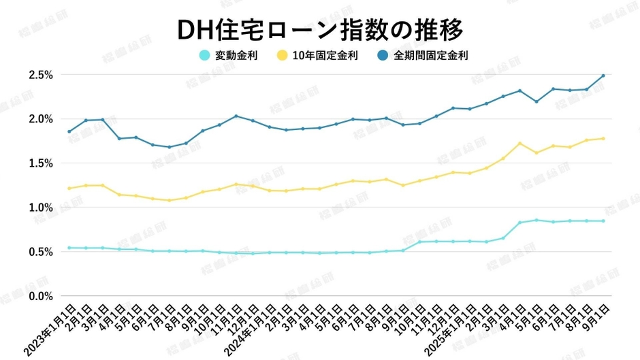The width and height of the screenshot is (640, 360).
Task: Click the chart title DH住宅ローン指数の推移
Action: click(x=320, y=29)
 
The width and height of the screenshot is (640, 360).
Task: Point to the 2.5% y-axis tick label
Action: click(x=41, y=75)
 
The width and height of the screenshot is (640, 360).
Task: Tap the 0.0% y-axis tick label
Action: click(x=41, y=296)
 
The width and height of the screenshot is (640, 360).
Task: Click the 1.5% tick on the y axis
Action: click(x=41, y=163)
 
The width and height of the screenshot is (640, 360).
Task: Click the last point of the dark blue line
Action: click(x=603, y=76)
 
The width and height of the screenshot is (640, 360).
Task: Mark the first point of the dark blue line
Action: click(x=69, y=131)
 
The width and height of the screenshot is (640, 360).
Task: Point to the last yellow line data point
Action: click(x=603, y=139)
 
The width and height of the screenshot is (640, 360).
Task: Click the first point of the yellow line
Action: click(x=69, y=189)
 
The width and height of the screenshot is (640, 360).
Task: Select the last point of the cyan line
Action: click(x=603, y=220)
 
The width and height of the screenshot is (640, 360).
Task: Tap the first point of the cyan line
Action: click(x=69, y=248)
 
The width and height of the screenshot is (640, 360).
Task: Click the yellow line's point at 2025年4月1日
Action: click(x=520, y=144)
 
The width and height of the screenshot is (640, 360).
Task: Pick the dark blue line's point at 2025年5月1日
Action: click(x=537, y=101)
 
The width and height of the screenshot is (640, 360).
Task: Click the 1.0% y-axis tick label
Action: click(x=41, y=208)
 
